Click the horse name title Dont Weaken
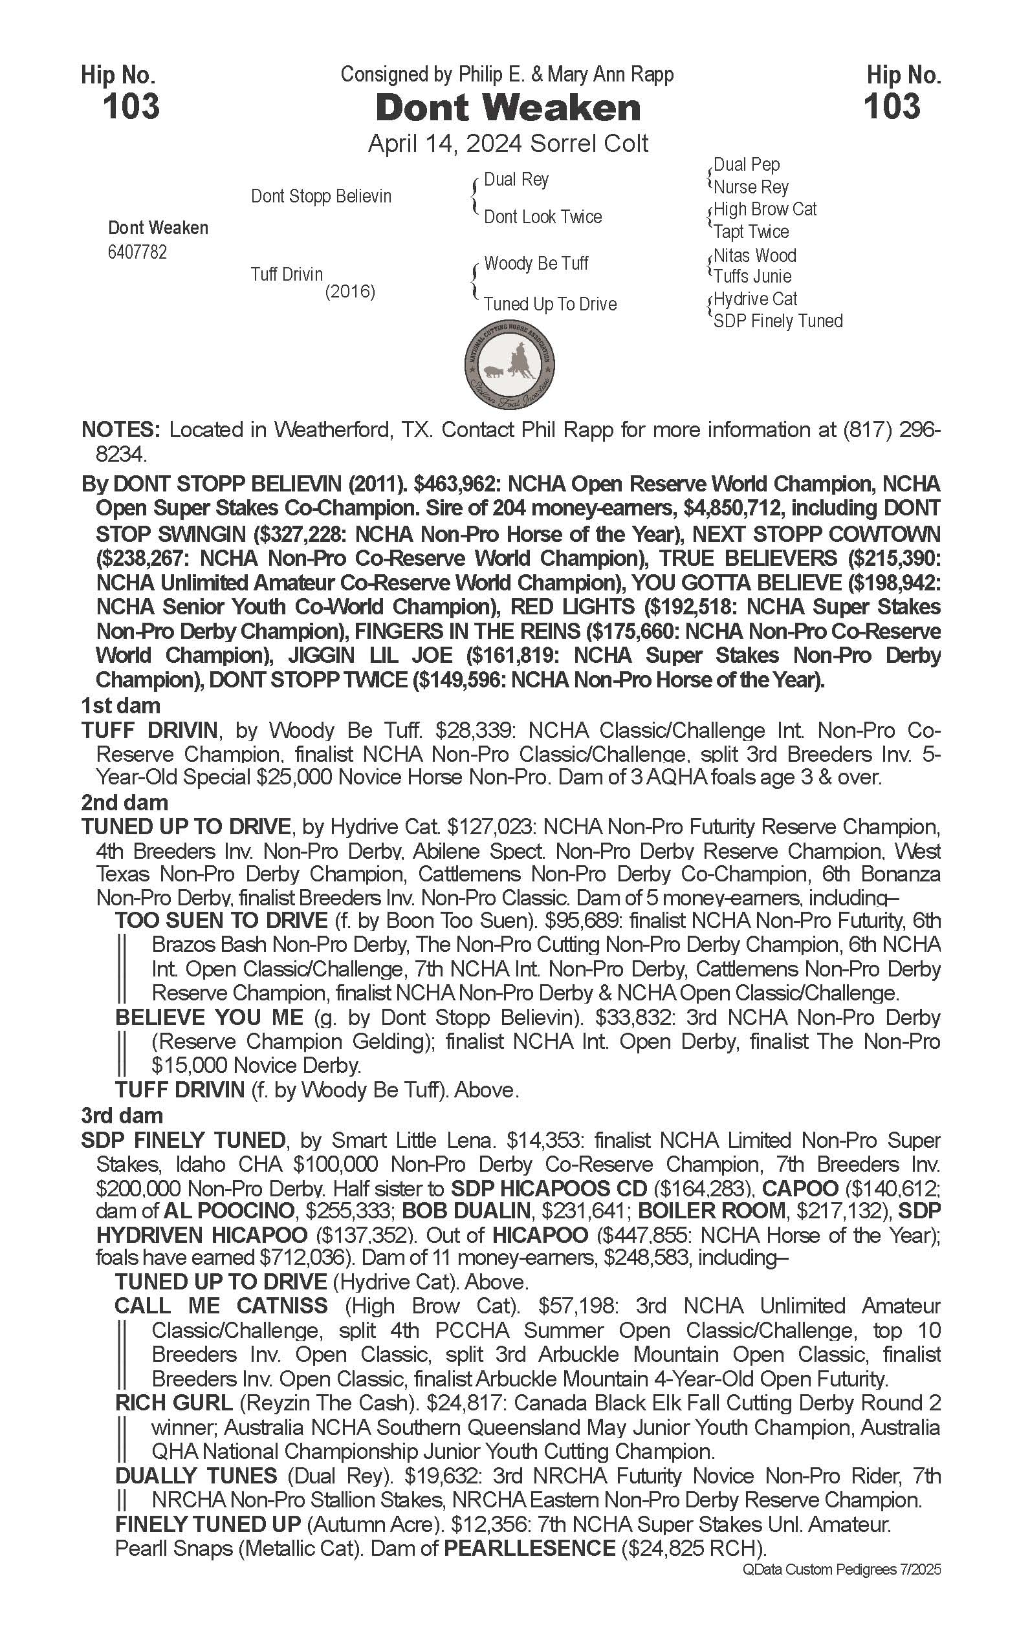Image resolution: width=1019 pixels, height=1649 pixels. (507, 109)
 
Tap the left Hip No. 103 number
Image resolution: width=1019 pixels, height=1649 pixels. (131, 107)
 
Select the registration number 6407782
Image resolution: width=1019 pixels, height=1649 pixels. (137, 253)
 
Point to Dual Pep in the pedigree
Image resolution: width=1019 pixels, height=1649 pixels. (746, 164)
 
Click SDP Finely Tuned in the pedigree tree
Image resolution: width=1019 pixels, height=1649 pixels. (778, 321)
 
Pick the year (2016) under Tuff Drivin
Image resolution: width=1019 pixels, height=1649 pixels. (350, 292)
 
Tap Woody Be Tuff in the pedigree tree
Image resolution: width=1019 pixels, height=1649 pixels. (536, 263)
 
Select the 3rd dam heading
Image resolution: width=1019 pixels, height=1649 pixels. (122, 1115)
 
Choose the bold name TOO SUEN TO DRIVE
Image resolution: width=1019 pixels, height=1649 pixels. (221, 920)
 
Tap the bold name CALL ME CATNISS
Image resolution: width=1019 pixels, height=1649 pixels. (221, 1306)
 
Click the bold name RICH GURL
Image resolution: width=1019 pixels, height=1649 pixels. (174, 1403)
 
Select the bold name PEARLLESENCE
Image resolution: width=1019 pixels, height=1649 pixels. (529, 1548)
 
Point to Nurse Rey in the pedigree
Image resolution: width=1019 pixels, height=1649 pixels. (751, 187)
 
